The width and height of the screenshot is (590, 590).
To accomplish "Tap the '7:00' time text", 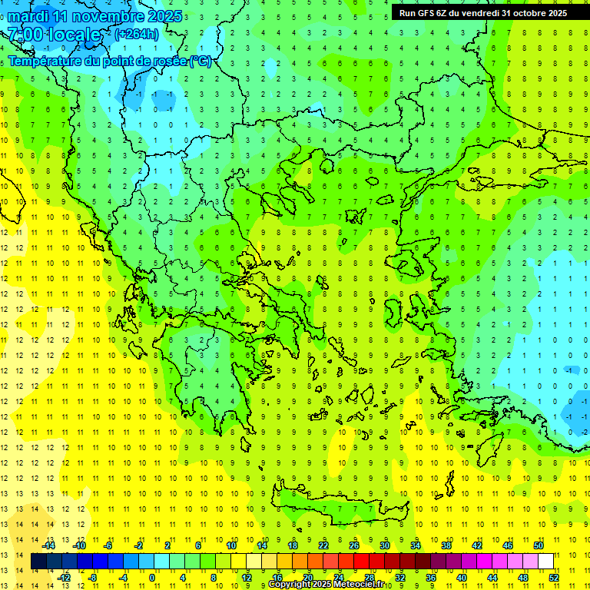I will [x=25, y=35].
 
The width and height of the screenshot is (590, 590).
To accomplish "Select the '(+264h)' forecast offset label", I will [x=137, y=34].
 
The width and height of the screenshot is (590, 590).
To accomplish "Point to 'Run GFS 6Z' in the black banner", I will [x=423, y=12].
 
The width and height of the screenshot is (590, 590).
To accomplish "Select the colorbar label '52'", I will [x=554, y=578].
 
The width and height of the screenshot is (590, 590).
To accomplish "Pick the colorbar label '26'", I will [x=354, y=545].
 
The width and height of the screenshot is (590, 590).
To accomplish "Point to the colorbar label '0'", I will [x=152, y=578].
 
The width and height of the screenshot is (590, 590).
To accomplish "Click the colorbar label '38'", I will [x=446, y=545].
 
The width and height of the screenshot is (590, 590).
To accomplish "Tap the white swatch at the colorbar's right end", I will [x=545, y=562].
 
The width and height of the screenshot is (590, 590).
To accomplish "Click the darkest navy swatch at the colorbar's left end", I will [x=38, y=562].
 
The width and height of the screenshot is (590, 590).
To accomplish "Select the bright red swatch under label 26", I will [x=361, y=562].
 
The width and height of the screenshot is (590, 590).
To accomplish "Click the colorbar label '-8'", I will [x=92, y=578].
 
